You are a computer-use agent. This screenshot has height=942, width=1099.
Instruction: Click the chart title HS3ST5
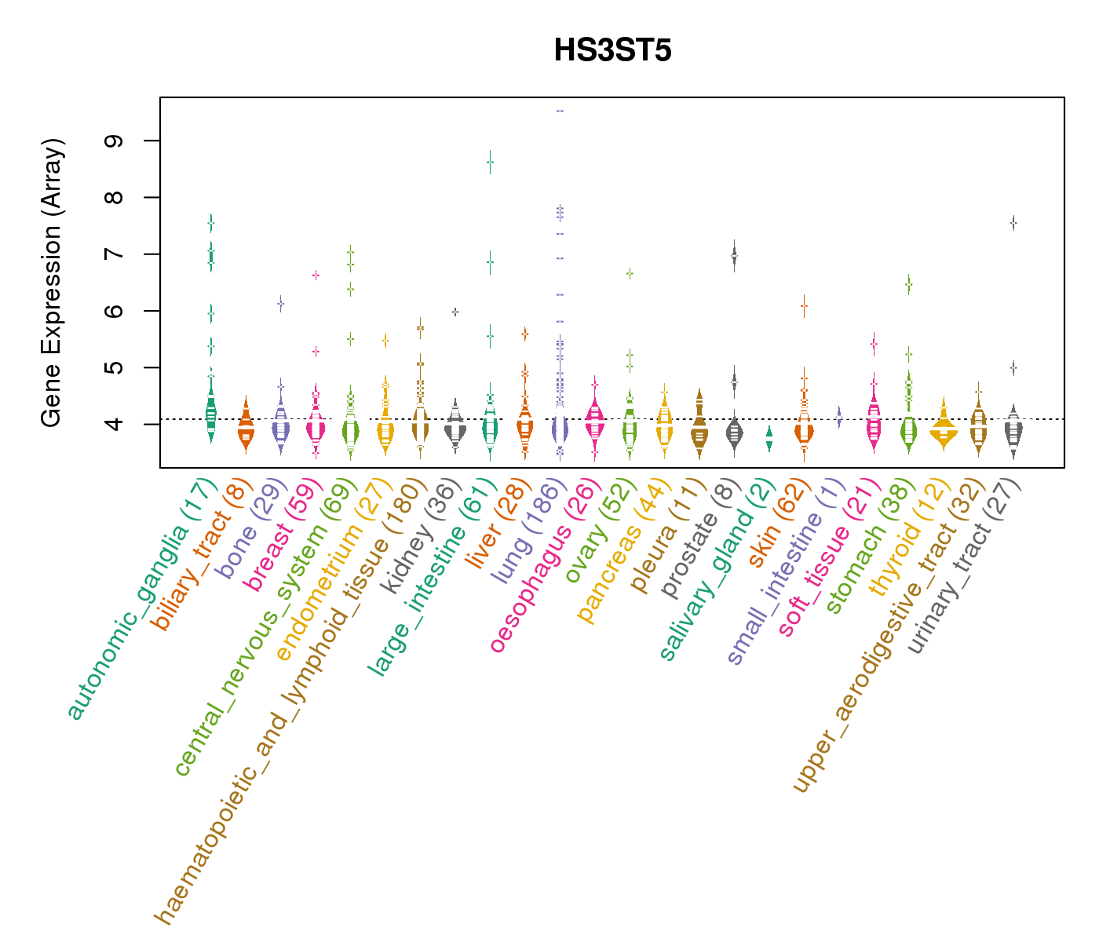coord(612,50)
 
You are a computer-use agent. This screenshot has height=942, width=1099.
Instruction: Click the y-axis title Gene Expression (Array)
coord(51,283)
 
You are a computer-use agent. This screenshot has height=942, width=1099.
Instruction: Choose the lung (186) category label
coord(525,534)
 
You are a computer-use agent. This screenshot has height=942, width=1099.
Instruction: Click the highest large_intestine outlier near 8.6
coord(490,162)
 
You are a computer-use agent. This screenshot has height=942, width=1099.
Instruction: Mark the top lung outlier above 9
coord(560,111)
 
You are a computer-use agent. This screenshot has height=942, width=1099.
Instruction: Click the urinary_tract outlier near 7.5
coord(1013,224)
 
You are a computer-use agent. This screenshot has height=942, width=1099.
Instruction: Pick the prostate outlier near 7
coord(734,255)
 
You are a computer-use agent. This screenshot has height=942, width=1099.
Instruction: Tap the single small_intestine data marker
coord(839,416)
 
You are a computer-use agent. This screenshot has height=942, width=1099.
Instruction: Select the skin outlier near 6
coord(804,306)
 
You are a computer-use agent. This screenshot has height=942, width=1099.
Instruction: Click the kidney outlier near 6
coord(455,312)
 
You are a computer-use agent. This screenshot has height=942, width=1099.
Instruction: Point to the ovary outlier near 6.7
coord(630,273)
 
